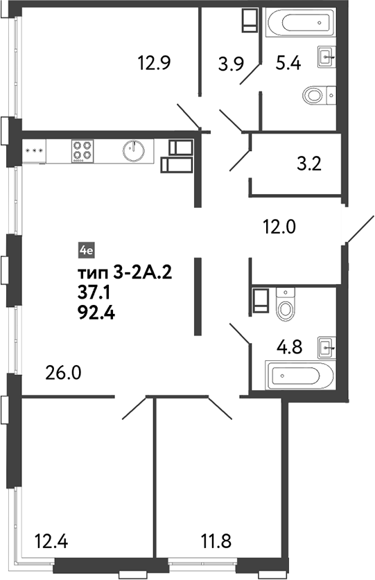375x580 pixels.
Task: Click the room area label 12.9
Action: click(x=154, y=64)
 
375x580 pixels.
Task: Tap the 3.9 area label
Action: click(x=231, y=64)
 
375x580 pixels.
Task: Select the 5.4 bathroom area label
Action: click(x=289, y=64)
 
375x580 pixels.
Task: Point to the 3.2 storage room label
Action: click(x=308, y=165)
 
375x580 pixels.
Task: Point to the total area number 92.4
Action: click(x=96, y=310)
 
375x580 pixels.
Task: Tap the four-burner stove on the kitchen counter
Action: click(x=83, y=150)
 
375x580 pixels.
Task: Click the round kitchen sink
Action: click(x=135, y=150)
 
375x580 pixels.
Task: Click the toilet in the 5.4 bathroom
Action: click(x=319, y=94)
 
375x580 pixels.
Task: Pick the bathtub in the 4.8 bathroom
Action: click(x=302, y=377)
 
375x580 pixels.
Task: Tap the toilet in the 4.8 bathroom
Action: click(x=286, y=304)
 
